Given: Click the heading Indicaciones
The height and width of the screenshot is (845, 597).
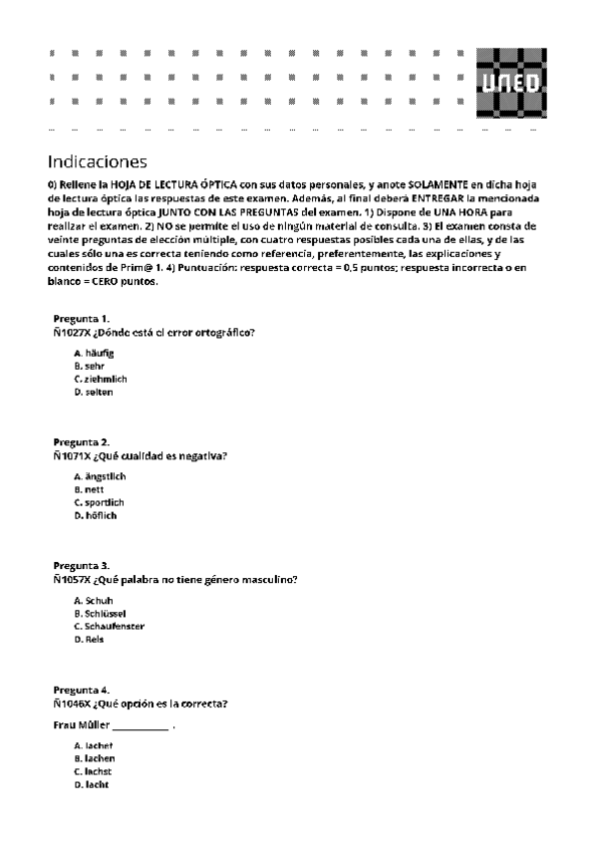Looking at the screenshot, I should [97, 161].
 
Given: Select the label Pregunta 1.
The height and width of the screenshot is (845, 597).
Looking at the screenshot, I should [81, 318].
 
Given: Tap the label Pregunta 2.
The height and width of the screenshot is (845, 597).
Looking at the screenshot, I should [81, 441].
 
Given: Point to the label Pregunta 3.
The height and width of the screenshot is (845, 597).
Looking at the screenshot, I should [81, 565].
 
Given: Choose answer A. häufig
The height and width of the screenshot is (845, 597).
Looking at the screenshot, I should [95, 353].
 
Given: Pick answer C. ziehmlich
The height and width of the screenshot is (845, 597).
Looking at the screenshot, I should [101, 379].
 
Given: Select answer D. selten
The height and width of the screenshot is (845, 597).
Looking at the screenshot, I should [94, 392].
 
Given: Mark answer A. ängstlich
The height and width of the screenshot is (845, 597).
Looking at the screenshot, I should [100, 476].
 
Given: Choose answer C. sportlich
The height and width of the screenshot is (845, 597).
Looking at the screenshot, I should [99, 502].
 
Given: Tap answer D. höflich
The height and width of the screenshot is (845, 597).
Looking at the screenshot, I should [96, 515].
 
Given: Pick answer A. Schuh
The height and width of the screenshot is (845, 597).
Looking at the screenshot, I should [93, 601].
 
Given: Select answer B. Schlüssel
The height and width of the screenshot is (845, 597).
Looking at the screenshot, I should [100, 614].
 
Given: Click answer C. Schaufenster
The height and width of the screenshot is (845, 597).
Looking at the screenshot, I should [109, 627].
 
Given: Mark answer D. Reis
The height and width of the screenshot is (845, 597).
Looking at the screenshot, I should [89, 640].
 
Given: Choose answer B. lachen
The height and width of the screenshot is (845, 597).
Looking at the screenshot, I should [94, 759].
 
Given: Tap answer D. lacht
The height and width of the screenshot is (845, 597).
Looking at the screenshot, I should [91, 785].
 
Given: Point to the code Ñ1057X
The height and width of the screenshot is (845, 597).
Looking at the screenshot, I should [71, 579].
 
